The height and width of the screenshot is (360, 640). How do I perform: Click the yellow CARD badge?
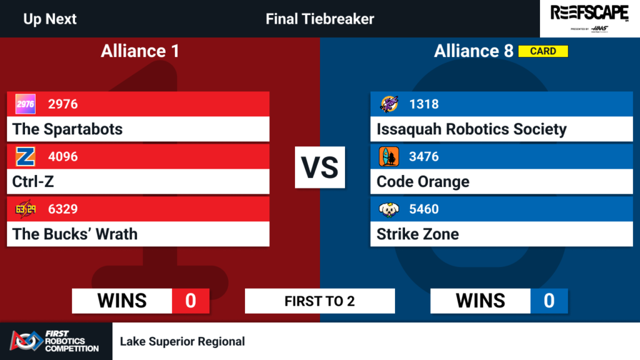[543, 51]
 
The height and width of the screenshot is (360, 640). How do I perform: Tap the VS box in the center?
[320, 167]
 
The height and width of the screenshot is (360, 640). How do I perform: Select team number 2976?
[63, 104]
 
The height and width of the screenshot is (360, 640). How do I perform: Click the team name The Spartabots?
[67, 129]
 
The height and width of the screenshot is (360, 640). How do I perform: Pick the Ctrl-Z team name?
[33, 182]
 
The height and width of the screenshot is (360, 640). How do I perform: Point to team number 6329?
[63, 209]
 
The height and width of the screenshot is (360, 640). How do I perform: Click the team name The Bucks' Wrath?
[75, 234]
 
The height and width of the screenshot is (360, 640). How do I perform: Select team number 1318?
[424, 104]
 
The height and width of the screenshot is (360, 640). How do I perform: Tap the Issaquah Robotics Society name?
[471, 129]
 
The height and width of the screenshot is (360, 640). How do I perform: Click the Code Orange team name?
[423, 182]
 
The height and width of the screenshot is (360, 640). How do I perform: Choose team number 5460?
[424, 209]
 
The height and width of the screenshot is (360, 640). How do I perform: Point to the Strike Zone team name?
[417, 234]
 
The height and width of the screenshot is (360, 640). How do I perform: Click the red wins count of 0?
[191, 301]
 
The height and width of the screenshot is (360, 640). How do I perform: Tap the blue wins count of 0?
[549, 301]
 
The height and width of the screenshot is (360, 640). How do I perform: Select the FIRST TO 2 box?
[320, 301]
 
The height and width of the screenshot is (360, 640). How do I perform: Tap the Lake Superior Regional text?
[182, 341]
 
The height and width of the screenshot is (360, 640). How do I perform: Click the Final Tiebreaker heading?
[320, 19]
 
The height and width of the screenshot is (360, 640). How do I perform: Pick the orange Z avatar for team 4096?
[25, 156]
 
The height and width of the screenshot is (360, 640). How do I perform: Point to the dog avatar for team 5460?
[389, 209]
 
